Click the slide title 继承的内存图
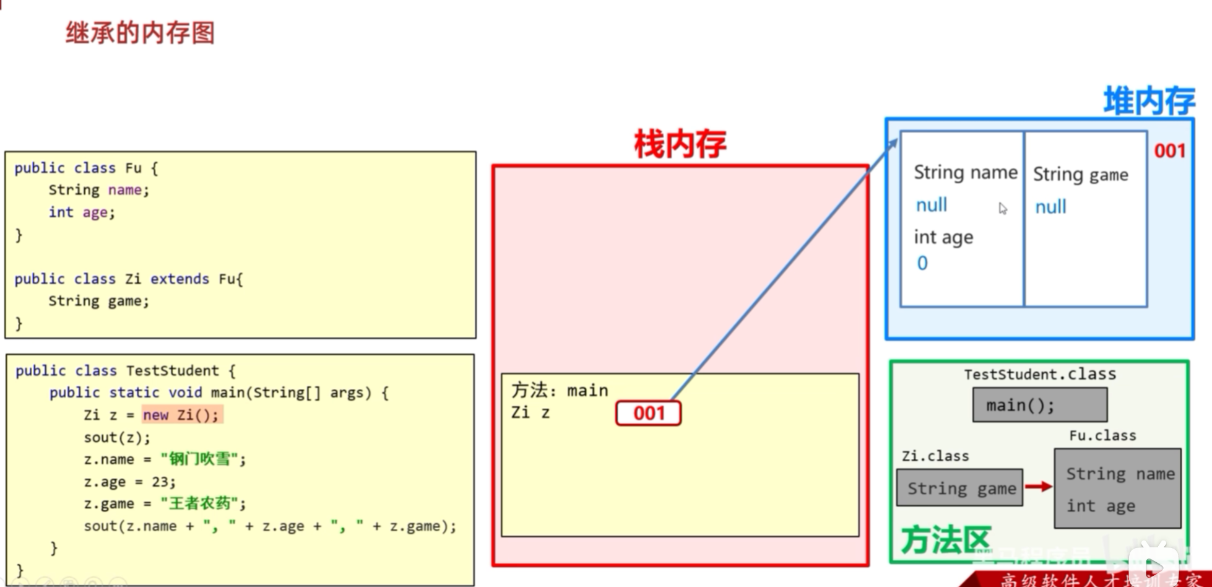point(140,33)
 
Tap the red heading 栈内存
point(680,144)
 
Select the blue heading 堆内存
point(1149,101)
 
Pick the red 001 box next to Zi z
point(648,413)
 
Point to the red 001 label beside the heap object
point(1169,151)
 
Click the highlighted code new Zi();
point(181,415)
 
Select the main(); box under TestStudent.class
point(1039,405)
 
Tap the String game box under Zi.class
point(960,488)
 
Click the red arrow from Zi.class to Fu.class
point(1038,487)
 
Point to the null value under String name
point(931,205)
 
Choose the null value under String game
point(1050,207)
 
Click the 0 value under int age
point(922,263)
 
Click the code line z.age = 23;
point(130,482)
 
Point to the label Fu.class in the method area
point(1102,435)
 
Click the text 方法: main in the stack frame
point(560,390)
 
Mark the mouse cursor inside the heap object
point(1002,209)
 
